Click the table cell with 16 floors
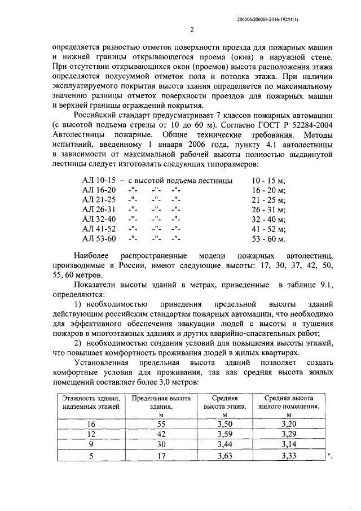pos(91,423)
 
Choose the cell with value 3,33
pos(288,455)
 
